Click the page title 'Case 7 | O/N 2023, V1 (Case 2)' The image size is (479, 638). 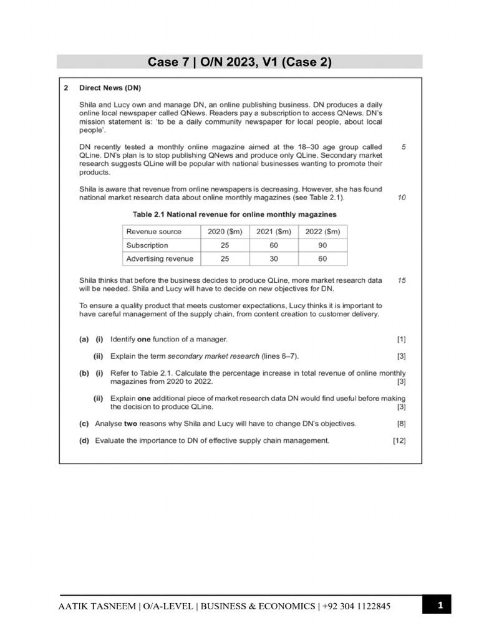(x=239, y=62)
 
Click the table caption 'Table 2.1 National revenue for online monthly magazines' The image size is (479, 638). (x=235, y=214)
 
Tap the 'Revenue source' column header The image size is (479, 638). (x=154, y=232)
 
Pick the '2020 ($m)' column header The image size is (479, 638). (x=224, y=232)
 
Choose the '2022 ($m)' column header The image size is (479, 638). (x=322, y=232)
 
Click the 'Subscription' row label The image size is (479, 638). (x=147, y=245)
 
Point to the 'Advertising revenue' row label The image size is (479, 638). (x=160, y=259)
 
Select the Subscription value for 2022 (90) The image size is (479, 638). (x=322, y=245)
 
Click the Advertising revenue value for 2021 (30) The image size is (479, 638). (x=273, y=259)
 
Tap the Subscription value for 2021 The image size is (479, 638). (x=273, y=245)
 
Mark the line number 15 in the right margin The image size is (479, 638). (x=402, y=280)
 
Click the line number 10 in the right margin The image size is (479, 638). (x=402, y=198)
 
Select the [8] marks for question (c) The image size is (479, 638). (x=401, y=424)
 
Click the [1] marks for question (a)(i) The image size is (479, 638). (x=401, y=340)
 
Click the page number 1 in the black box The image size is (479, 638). (x=440, y=605)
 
